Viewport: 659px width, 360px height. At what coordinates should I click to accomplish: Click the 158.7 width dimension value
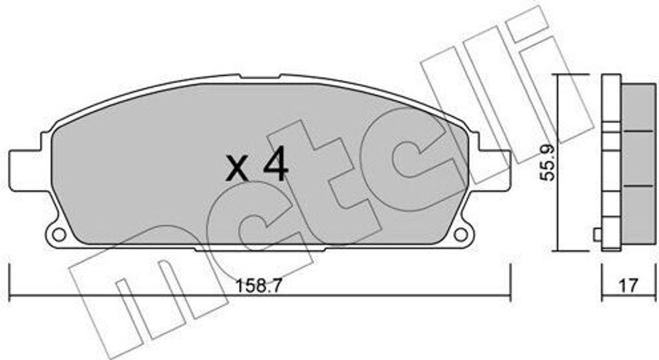point(258,287)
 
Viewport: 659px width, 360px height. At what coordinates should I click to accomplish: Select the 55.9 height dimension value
point(547,162)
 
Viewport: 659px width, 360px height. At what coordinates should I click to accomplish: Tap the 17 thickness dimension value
point(628,286)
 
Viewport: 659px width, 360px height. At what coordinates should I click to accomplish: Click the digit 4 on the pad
point(275,166)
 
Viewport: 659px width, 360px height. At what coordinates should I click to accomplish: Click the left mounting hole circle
point(59,234)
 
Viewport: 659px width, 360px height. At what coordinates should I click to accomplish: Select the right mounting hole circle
point(461,234)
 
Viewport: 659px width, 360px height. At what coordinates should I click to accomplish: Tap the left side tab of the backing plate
point(25,170)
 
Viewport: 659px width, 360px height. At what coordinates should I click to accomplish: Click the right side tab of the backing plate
point(495,170)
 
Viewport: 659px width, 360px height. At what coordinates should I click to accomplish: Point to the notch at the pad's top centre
point(260,77)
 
